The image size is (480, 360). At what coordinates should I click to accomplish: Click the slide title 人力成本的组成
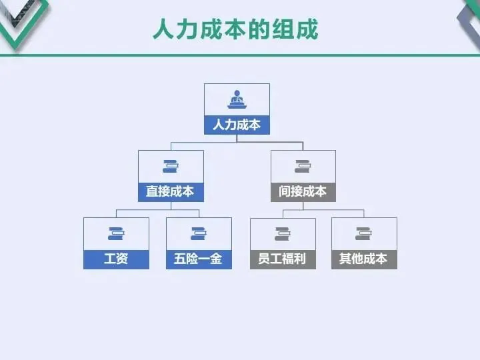pos(235,30)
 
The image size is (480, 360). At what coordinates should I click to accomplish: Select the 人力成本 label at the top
pos(237,125)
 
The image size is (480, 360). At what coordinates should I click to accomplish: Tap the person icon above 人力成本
pos(237,100)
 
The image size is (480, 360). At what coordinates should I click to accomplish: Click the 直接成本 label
pos(171,192)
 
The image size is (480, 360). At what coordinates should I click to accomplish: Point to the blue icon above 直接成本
pos(171,167)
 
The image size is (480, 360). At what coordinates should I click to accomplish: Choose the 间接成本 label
pos(303,192)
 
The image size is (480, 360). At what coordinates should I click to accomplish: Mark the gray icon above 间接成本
pos(303,167)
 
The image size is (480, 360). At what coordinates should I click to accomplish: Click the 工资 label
pos(116,259)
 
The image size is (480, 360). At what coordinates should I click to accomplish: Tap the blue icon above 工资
pos(116,233)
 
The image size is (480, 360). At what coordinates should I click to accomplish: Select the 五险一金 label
pos(198,259)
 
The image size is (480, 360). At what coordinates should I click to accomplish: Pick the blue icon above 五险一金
pos(198,233)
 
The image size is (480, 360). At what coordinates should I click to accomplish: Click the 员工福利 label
pos(282,259)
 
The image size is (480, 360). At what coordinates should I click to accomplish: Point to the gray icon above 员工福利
pos(282,233)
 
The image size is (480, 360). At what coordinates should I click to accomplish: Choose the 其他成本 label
pos(363,259)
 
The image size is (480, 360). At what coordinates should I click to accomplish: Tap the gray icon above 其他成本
pos(363,233)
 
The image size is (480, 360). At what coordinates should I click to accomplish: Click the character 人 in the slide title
pos(164,30)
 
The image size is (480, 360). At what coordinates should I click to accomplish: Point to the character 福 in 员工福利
pos(288,259)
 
